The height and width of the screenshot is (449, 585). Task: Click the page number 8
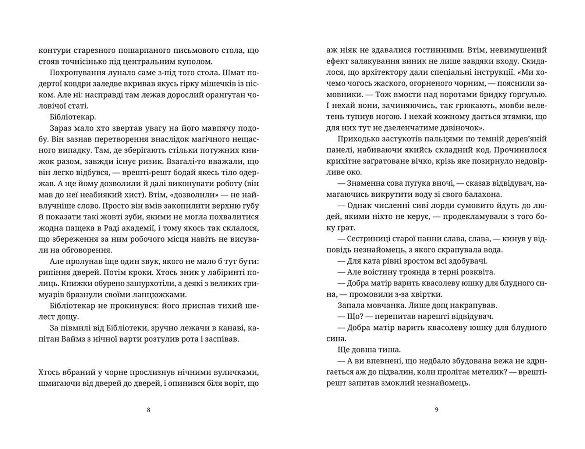pyautogui.click(x=149, y=410)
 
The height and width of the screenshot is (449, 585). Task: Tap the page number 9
pyautogui.click(x=436, y=410)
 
